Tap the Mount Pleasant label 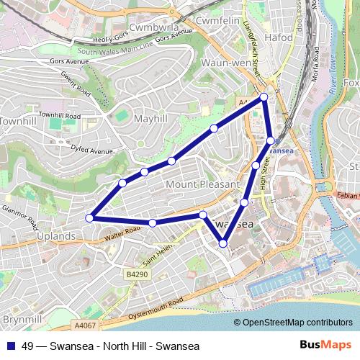click(202, 184)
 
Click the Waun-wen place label click(225, 63)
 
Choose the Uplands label click(55, 235)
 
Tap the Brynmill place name click(22, 318)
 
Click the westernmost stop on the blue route click(90, 217)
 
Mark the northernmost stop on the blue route click(264, 96)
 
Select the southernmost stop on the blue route click(222, 243)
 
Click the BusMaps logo click(325, 345)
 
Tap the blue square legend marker click(9, 346)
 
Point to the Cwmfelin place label click(217, 22)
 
